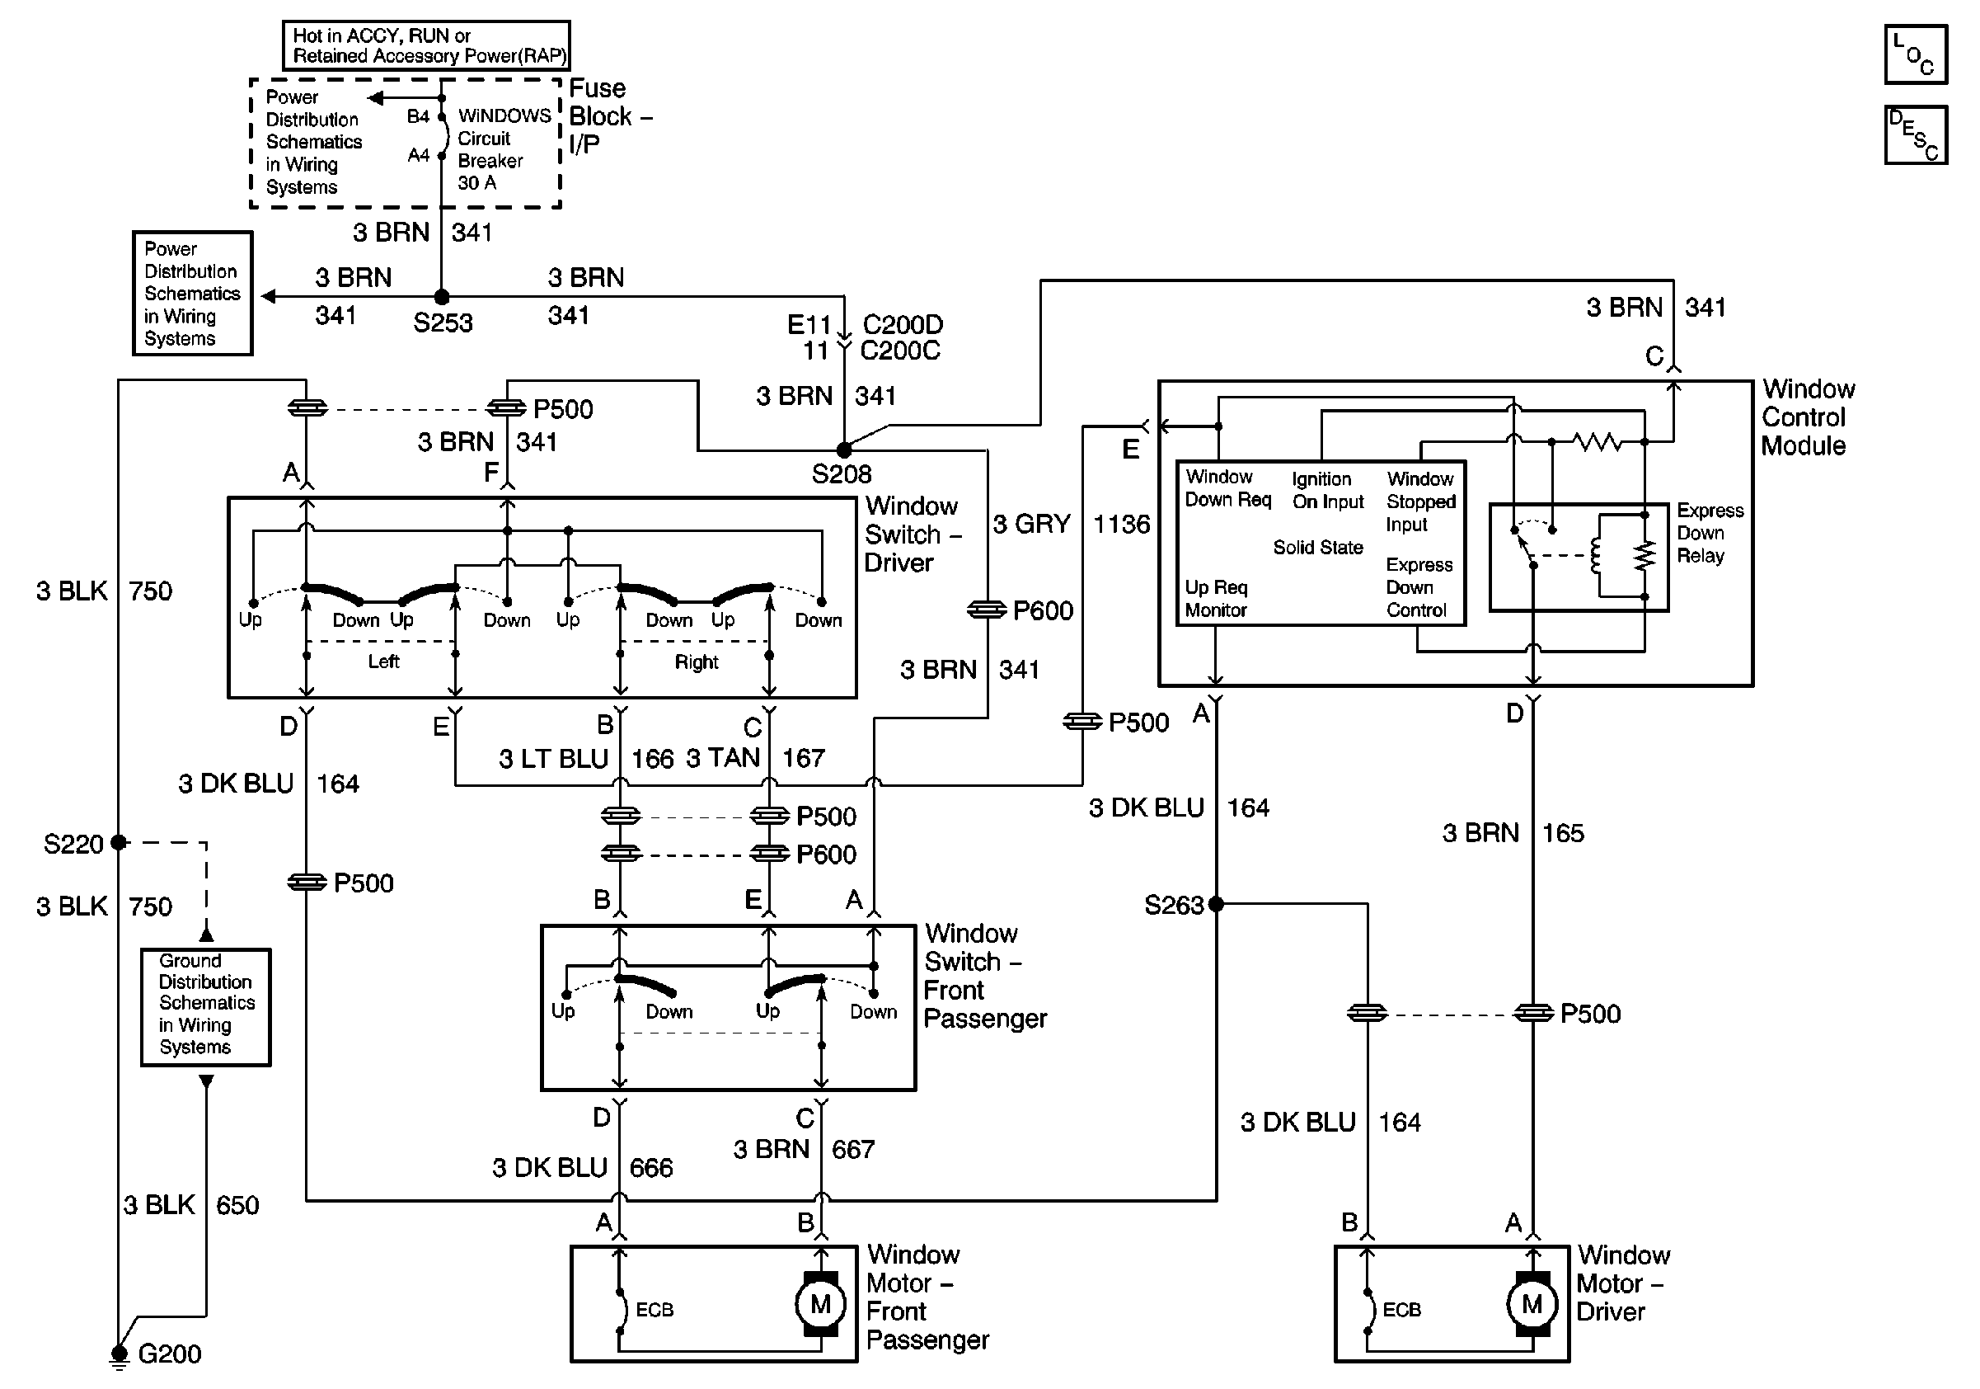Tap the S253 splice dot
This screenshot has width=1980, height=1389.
tap(442, 297)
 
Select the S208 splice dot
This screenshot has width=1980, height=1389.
tap(844, 450)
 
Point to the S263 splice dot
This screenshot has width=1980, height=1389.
tap(1216, 904)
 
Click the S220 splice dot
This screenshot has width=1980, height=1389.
tap(119, 842)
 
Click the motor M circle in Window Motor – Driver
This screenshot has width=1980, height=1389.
tap(1532, 1303)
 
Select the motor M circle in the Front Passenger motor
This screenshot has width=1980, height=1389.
tap(820, 1303)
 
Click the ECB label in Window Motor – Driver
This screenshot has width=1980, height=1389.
tap(1401, 1310)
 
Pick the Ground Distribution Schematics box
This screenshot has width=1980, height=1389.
tap(206, 1007)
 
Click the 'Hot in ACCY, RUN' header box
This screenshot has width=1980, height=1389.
tap(427, 45)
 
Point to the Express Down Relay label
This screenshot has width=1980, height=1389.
tap(1710, 533)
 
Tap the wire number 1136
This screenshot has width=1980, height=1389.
tap(1121, 524)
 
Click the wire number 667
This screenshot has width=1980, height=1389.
tap(853, 1149)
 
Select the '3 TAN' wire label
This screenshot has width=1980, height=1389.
tap(723, 757)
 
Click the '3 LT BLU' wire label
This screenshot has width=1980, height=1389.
tap(553, 758)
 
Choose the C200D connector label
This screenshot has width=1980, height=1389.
tap(902, 324)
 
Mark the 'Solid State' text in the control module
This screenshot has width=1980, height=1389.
tap(1318, 547)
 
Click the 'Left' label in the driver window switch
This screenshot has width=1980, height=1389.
tap(384, 662)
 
